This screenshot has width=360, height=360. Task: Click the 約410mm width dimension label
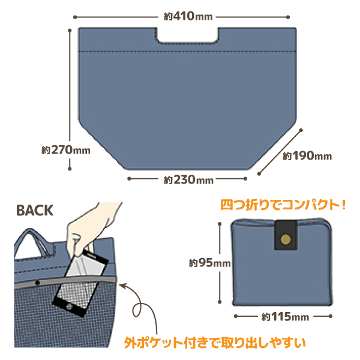(188, 17)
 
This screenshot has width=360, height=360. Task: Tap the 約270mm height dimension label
(66, 150)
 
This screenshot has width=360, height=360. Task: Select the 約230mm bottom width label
(188, 180)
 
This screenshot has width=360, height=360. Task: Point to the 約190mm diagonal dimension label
(307, 156)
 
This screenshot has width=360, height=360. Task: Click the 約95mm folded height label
(209, 263)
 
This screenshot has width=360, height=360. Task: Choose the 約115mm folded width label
(285, 317)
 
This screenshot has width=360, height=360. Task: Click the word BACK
(35, 211)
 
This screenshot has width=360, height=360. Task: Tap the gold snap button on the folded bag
(286, 239)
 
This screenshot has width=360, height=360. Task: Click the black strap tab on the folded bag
(286, 235)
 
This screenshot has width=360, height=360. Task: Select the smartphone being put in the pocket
(80, 283)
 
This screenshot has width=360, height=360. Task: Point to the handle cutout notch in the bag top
(187, 35)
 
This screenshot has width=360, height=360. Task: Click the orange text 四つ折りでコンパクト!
(283, 205)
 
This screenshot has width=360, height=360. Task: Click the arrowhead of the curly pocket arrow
(123, 286)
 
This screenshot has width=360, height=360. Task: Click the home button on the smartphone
(69, 307)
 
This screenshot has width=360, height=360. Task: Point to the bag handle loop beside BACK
(34, 242)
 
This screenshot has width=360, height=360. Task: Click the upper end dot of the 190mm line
(301, 130)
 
